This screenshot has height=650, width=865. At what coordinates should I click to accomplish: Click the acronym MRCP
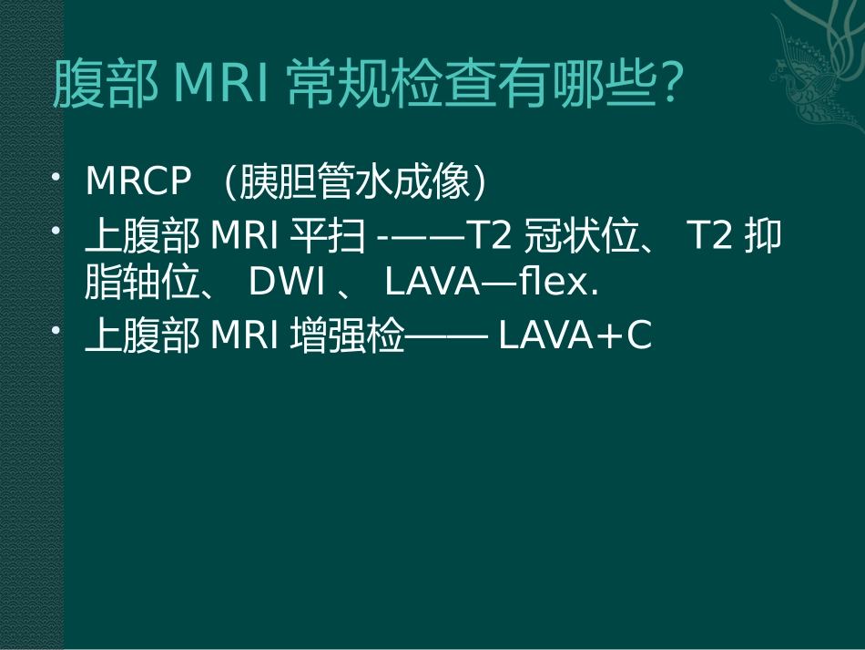[138, 182]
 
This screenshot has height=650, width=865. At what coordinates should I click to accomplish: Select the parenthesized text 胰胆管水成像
[355, 182]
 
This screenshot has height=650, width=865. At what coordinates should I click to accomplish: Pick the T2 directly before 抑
[710, 237]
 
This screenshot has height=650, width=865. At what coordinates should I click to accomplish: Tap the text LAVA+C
[575, 336]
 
